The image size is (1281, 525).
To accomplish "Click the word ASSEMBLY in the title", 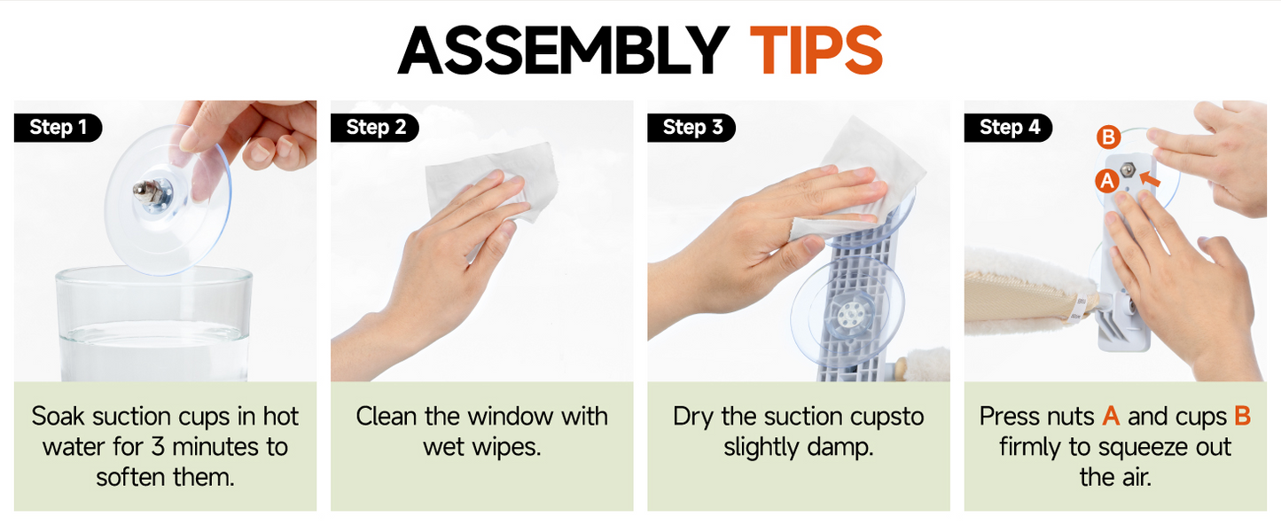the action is coord(563,50).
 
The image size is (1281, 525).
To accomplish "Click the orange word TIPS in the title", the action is coord(816,50).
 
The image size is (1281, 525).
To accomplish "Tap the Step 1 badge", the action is coord(58,127).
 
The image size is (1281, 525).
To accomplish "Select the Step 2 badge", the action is coord(375,127).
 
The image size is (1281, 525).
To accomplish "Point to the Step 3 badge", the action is coord(691,127).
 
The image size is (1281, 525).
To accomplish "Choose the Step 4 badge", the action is coord(1008,127).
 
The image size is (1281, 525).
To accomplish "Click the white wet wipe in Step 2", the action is coord(491,181).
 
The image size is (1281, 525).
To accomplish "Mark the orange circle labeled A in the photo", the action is coord(1107,181).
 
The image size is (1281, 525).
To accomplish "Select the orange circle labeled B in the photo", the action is coord(1108,137).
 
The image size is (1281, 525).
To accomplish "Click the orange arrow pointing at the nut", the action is coord(1150,179).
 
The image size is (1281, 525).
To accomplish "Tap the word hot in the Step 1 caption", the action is coord(281,416).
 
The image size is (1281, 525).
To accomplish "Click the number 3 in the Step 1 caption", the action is coord(158,447).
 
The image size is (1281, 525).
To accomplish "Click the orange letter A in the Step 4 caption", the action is coord(1111,416).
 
